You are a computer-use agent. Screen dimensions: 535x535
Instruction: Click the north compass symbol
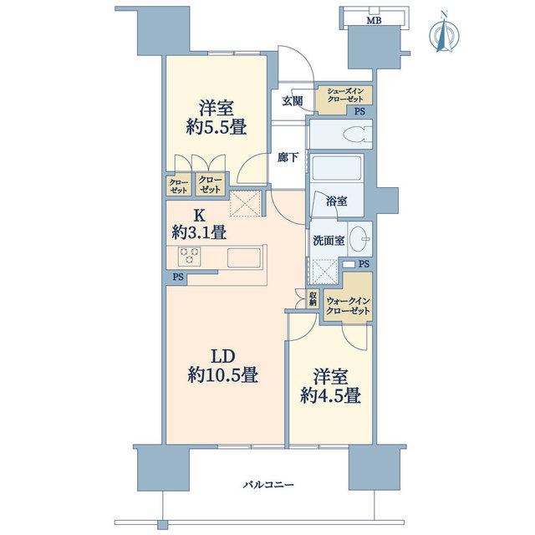coord(442,33)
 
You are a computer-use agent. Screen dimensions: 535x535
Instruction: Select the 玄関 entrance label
coord(292,101)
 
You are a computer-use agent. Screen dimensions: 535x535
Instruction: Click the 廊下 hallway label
coord(288,156)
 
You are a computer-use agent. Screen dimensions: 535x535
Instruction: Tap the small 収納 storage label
coord(312,298)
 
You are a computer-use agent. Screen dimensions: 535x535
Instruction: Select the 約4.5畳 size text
coord(330,395)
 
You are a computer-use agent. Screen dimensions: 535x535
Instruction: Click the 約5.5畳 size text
coord(215,128)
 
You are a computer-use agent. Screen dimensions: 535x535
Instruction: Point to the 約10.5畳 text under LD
coord(222,376)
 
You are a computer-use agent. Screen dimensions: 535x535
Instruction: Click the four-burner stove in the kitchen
coord(188,256)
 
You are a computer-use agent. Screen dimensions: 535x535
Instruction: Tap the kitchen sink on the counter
coord(242,257)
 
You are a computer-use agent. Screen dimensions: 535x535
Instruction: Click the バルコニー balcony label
coord(268,485)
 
